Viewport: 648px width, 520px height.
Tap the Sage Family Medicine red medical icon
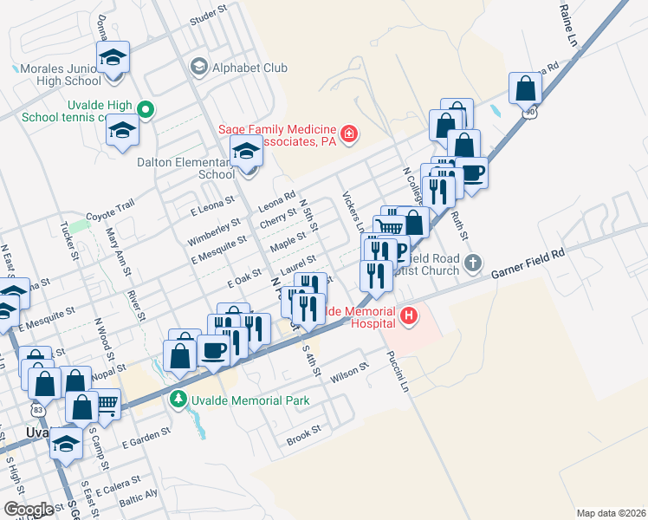(348, 133)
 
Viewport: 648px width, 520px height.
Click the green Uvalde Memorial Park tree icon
(178, 399)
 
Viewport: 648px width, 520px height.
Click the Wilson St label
(350, 374)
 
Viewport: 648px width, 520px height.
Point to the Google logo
(29, 509)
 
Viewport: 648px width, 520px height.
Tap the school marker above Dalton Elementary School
(246, 152)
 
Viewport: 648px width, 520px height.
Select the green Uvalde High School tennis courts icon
(146, 110)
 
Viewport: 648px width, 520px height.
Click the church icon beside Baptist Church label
(472, 262)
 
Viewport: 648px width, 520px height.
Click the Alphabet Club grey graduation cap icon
(198, 68)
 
